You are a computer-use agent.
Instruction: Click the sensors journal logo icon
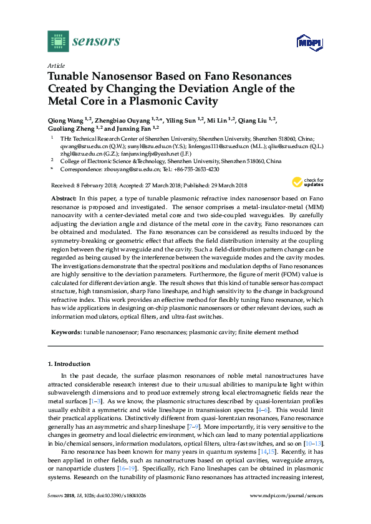point(57,42)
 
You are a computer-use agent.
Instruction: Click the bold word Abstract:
point(64,196)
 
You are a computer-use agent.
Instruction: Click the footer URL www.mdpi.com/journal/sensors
point(286,513)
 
